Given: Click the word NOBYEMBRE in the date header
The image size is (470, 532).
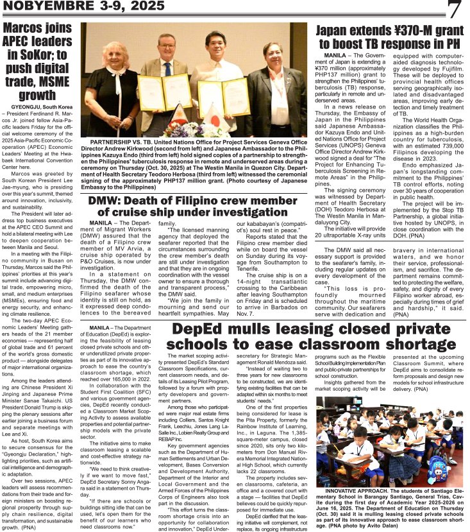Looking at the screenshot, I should (38, 8).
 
